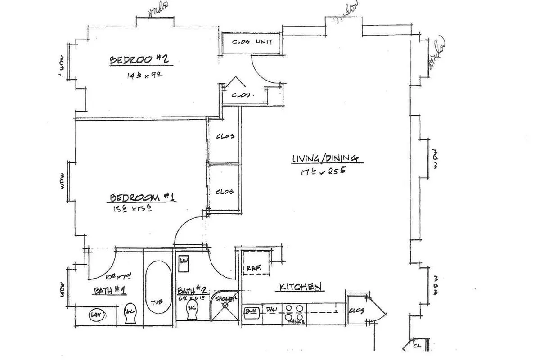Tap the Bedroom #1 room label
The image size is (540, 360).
(x=142, y=198)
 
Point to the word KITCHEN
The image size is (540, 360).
(x=300, y=287)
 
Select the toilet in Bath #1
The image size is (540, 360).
(x=130, y=313)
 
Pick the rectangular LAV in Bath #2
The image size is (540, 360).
(x=184, y=264)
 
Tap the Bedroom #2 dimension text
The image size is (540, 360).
(x=144, y=75)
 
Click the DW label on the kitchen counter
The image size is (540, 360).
(x=272, y=310)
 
